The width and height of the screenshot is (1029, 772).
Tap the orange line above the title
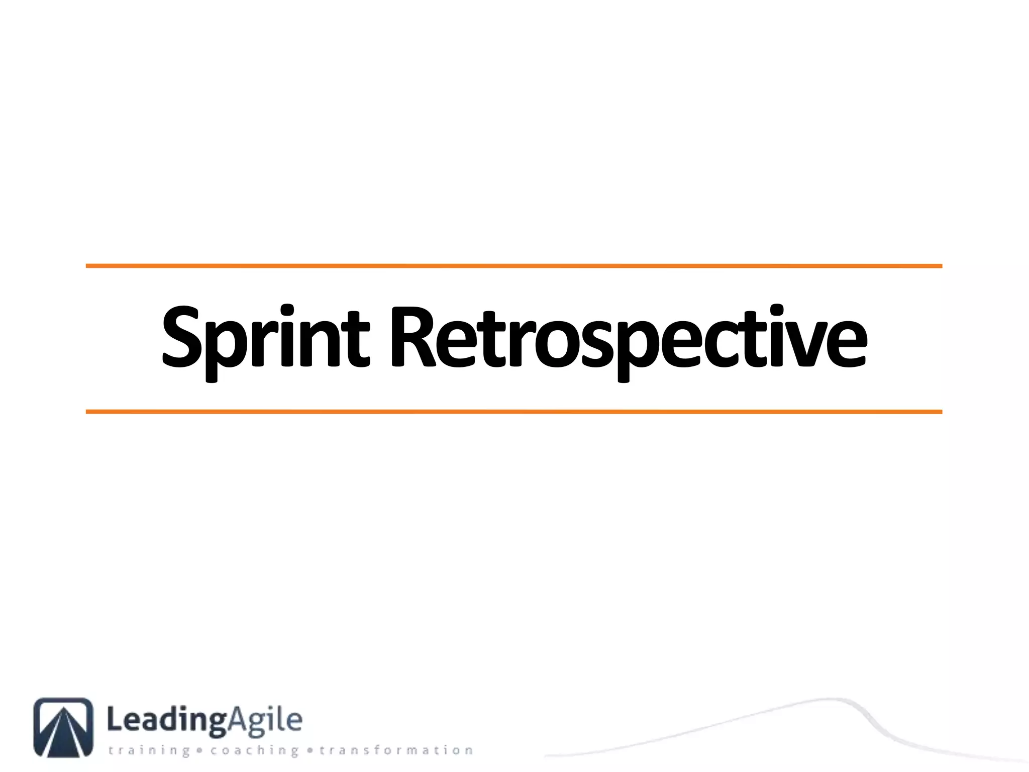[x=513, y=266]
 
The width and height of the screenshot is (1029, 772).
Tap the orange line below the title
[x=513, y=412]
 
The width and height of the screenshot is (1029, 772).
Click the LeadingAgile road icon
[x=63, y=727]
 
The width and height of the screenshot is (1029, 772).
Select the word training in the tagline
[x=149, y=751]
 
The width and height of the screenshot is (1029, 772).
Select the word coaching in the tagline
[x=255, y=751]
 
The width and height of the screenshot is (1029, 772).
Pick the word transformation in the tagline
[x=396, y=751]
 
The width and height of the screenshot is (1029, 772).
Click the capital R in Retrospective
[x=413, y=337]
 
